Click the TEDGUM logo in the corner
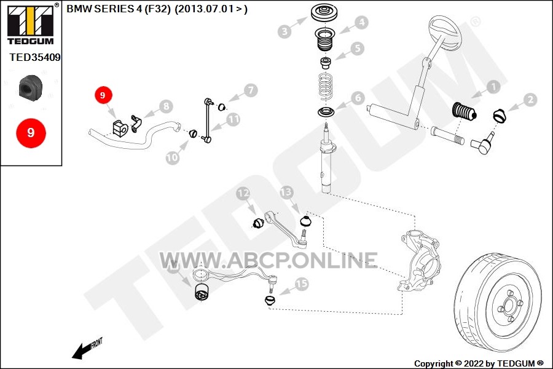(31, 24)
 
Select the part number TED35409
(35, 57)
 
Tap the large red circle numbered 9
(31, 133)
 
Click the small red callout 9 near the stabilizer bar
(103, 95)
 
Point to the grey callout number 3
(284, 31)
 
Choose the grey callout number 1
(493, 87)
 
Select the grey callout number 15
(302, 284)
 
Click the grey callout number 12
(243, 193)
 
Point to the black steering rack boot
(464, 111)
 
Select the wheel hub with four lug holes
(509, 306)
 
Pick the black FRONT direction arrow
(82, 351)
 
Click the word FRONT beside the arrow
(96, 343)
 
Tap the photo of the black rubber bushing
(30, 87)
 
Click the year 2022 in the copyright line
(474, 363)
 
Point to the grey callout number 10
(173, 157)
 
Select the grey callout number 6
(358, 98)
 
